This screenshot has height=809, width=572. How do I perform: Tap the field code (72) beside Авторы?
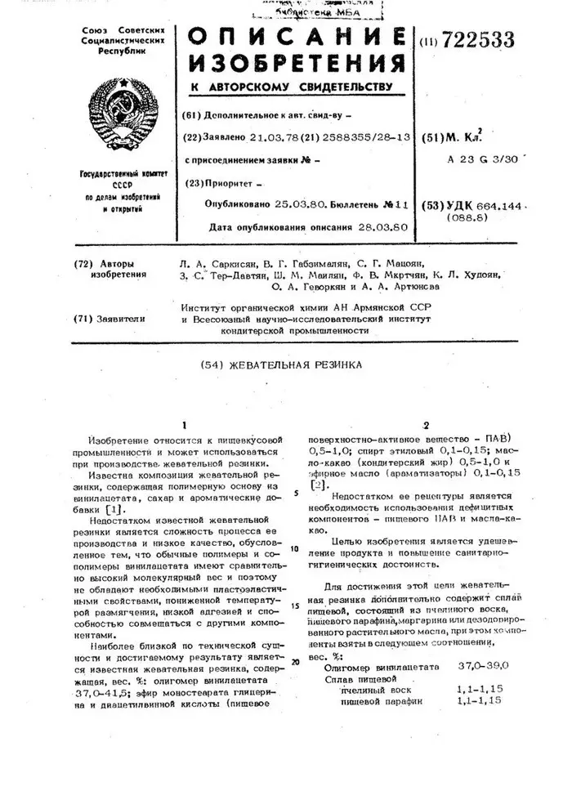click(84, 265)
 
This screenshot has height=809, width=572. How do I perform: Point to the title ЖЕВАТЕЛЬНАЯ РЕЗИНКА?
click(303, 365)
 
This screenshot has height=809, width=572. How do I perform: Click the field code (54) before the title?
click(212, 365)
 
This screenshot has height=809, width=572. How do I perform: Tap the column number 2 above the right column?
click(425, 424)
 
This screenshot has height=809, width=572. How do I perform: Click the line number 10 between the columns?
click(294, 548)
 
